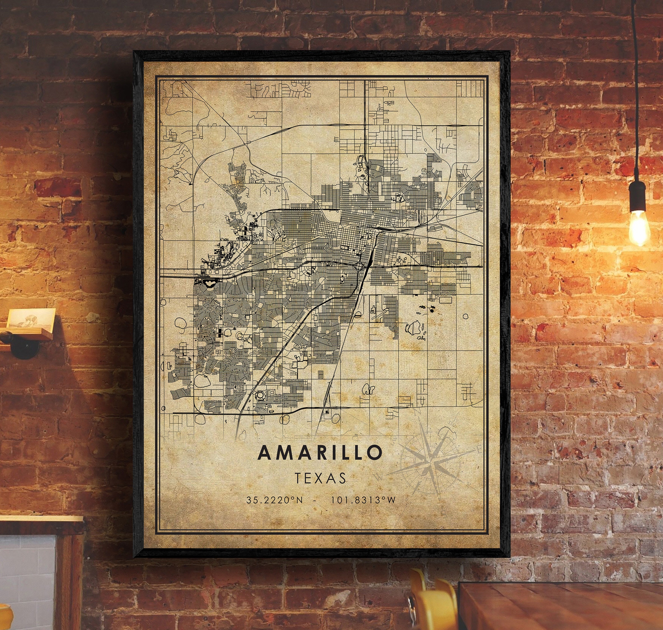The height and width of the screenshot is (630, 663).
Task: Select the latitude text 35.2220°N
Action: (274, 500)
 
